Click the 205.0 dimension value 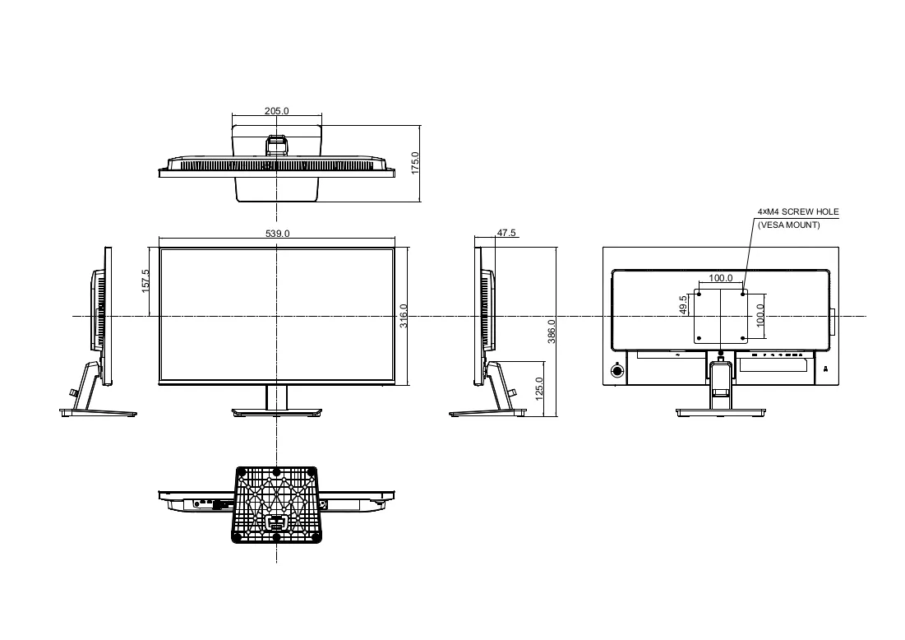[276, 111]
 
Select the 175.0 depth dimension [415, 163]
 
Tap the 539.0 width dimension [278, 234]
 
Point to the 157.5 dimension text [145, 281]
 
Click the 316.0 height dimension [404, 316]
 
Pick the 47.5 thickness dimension [506, 233]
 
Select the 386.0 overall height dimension [552, 332]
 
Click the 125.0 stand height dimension [539, 389]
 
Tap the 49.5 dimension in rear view [683, 305]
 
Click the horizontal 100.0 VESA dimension [721, 278]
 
